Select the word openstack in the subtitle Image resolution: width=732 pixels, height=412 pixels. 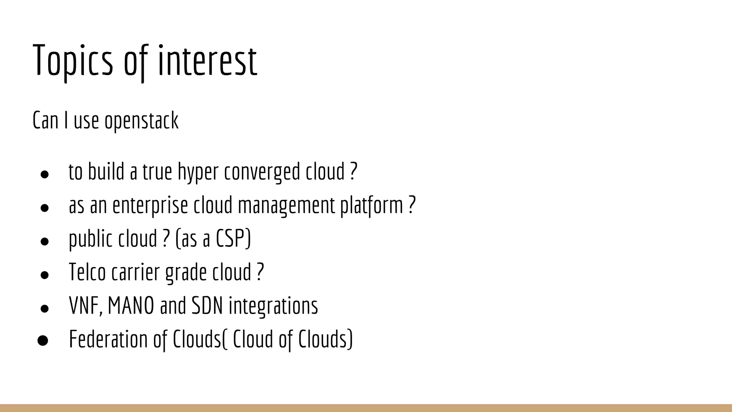tap(141, 121)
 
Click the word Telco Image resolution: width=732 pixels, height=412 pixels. tap(87, 272)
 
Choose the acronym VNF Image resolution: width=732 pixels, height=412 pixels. tap(85, 305)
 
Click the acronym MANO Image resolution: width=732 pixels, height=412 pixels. tap(131, 305)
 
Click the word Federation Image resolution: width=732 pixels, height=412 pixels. tap(108, 339)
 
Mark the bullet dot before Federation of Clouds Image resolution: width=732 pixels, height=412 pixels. tap(43, 340)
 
